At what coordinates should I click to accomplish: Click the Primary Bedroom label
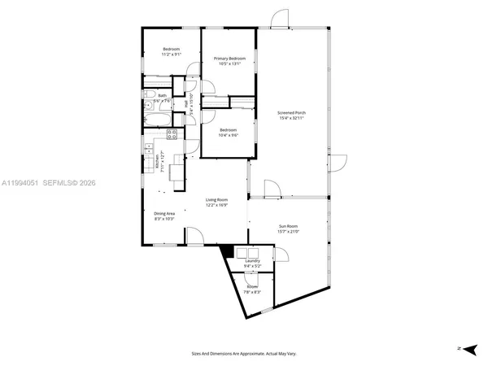(x=229, y=59)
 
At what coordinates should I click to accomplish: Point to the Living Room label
(x=216, y=199)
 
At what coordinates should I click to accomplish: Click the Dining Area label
(x=165, y=213)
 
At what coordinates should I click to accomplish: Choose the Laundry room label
(x=252, y=261)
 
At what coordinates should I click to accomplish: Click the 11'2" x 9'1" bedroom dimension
(x=171, y=55)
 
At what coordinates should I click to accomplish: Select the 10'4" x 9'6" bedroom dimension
(x=228, y=135)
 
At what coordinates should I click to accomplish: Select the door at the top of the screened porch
(x=279, y=20)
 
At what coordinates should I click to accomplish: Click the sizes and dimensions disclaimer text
(x=243, y=354)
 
